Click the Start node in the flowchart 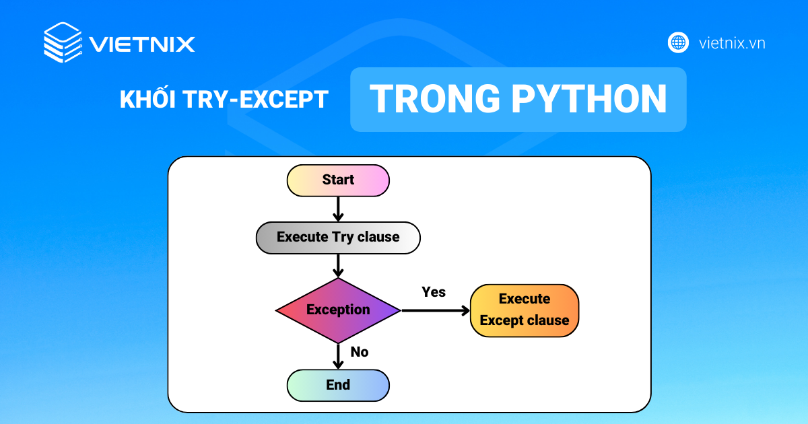click(338, 180)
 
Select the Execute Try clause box click(338, 238)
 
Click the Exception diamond click(338, 310)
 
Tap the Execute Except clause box click(525, 310)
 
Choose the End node click(338, 385)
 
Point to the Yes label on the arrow click(434, 292)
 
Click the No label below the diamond click(360, 352)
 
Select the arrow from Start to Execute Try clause click(338, 209)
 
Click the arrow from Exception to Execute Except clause click(434, 310)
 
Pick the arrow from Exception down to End click(338, 355)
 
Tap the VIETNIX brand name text click(142, 44)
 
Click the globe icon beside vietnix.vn click(678, 42)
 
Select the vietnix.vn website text click(732, 43)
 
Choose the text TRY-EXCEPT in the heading click(256, 100)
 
